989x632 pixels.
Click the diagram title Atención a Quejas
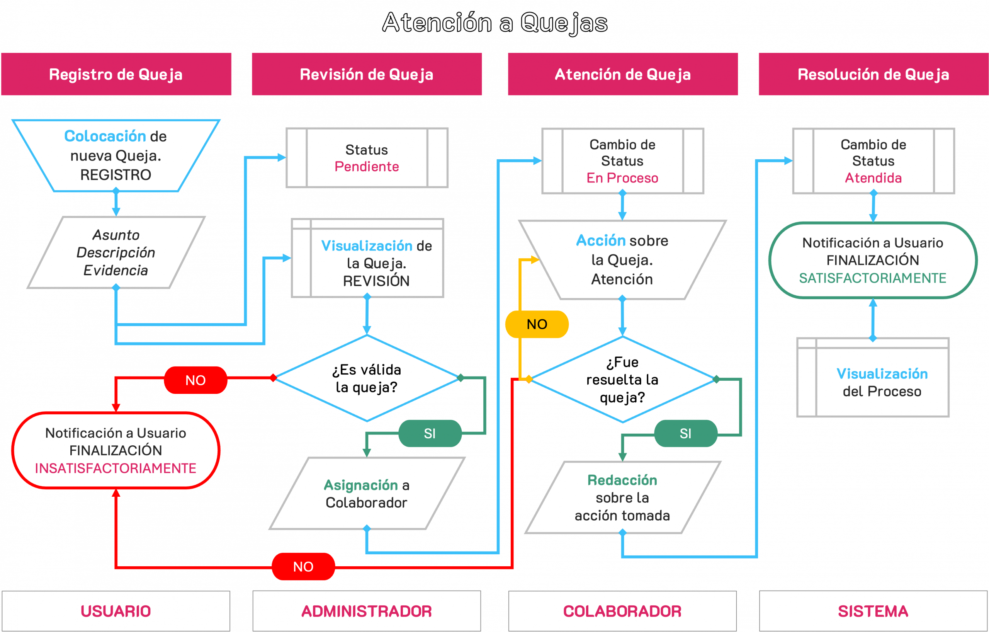click(x=494, y=22)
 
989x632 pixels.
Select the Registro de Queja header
click(x=116, y=74)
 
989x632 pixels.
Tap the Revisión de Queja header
click(x=367, y=74)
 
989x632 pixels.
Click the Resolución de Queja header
click(x=873, y=74)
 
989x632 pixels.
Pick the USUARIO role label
click(x=116, y=611)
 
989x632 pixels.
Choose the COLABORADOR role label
click(x=622, y=611)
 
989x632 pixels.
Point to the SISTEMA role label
click(x=873, y=611)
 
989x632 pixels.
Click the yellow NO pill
click(x=537, y=324)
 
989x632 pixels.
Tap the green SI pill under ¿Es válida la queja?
click(x=430, y=433)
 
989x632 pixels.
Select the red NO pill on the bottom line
click(x=303, y=567)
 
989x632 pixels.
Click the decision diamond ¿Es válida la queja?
click(x=367, y=378)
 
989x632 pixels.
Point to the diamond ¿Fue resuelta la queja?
click(x=622, y=380)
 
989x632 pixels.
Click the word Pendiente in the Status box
click(x=367, y=167)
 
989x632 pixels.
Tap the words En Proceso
click(x=622, y=178)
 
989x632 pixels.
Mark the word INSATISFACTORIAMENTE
click(x=116, y=468)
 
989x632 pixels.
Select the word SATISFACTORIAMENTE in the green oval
click(x=873, y=278)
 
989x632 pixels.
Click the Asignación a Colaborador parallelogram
click(x=367, y=494)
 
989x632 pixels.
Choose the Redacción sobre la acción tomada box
click(x=622, y=497)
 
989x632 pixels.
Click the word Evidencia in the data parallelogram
click(x=116, y=270)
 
